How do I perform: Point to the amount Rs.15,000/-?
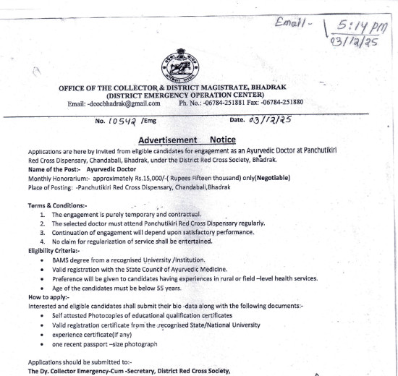click(x=145, y=178)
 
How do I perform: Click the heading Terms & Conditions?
click(x=57, y=206)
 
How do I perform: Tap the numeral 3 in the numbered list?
click(x=44, y=233)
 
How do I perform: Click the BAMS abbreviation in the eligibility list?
click(x=63, y=260)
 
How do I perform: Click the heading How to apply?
click(x=49, y=296)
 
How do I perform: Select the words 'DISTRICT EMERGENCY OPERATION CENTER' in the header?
click(x=185, y=95)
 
